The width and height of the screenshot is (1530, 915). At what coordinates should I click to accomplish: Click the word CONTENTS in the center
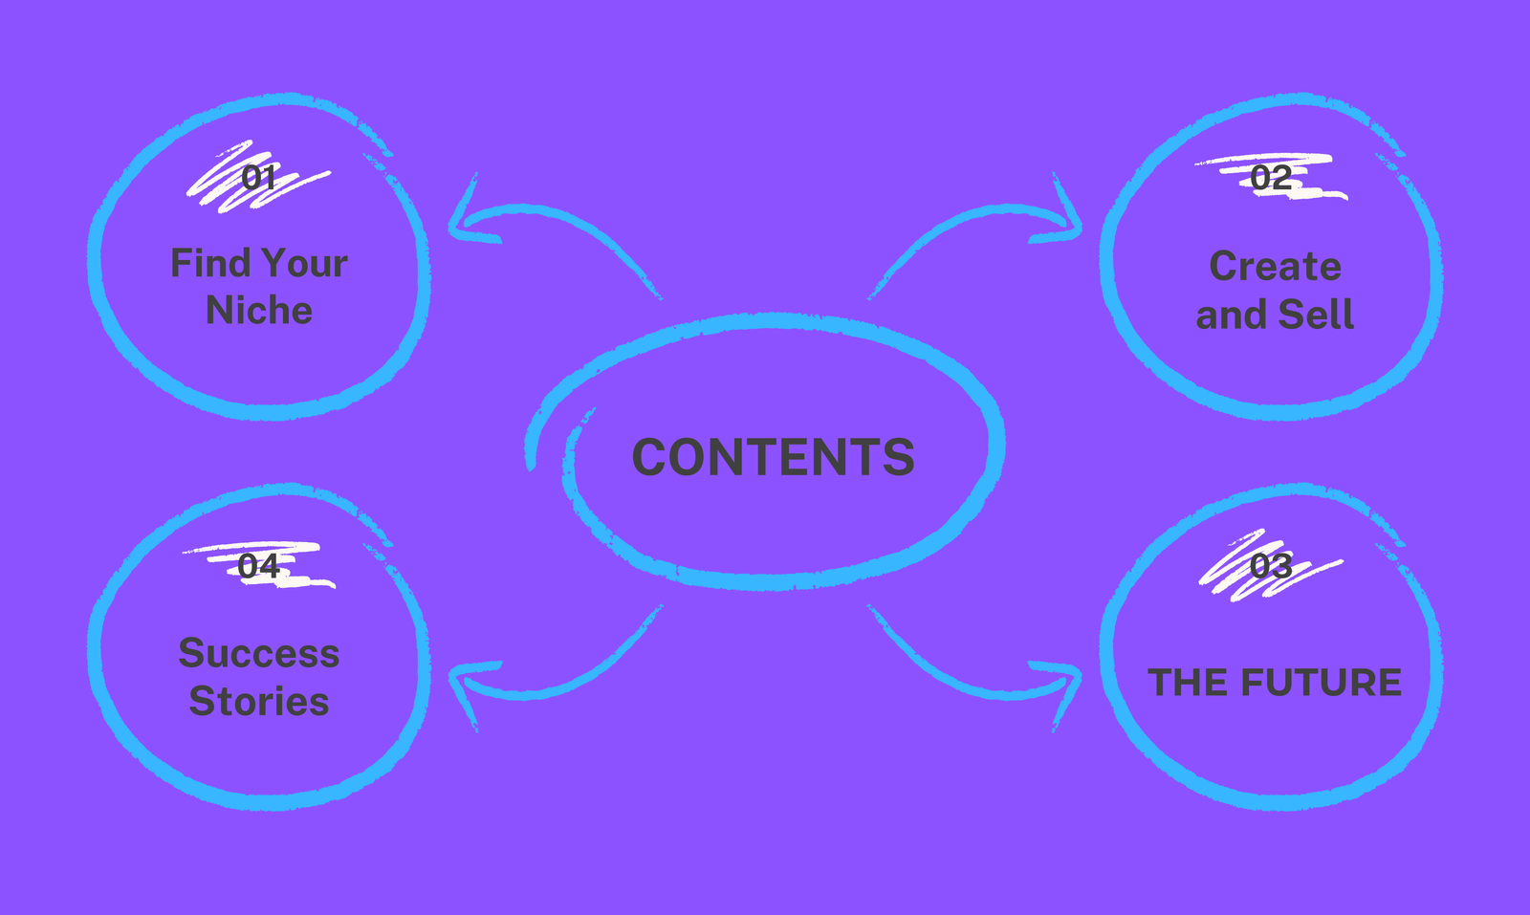coord(774,456)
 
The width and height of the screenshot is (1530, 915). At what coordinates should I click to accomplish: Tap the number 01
coord(258,178)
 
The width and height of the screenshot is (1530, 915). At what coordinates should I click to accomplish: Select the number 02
coord(1271,178)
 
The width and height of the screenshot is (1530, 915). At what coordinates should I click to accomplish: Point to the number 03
coord(1271,565)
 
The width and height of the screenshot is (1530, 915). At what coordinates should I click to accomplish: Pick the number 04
coord(258,565)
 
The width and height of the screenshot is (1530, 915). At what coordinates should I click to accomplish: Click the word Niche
coord(259,310)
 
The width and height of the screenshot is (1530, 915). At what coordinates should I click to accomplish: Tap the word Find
coord(211,263)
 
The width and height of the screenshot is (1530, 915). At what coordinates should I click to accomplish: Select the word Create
coord(1276,266)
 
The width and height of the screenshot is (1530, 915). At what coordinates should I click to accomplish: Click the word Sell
coord(1316,315)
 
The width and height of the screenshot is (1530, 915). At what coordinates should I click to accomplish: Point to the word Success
coord(259,653)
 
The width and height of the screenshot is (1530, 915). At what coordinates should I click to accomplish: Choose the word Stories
coord(259,701)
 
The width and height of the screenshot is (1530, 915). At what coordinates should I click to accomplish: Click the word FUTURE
coord(1321,682)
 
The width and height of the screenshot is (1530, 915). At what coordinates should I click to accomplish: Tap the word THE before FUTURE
coord(1190,682)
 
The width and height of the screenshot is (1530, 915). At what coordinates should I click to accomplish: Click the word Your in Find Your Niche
coord(305,263)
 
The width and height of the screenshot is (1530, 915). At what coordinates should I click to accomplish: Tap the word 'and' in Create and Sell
coord(1232,315)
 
